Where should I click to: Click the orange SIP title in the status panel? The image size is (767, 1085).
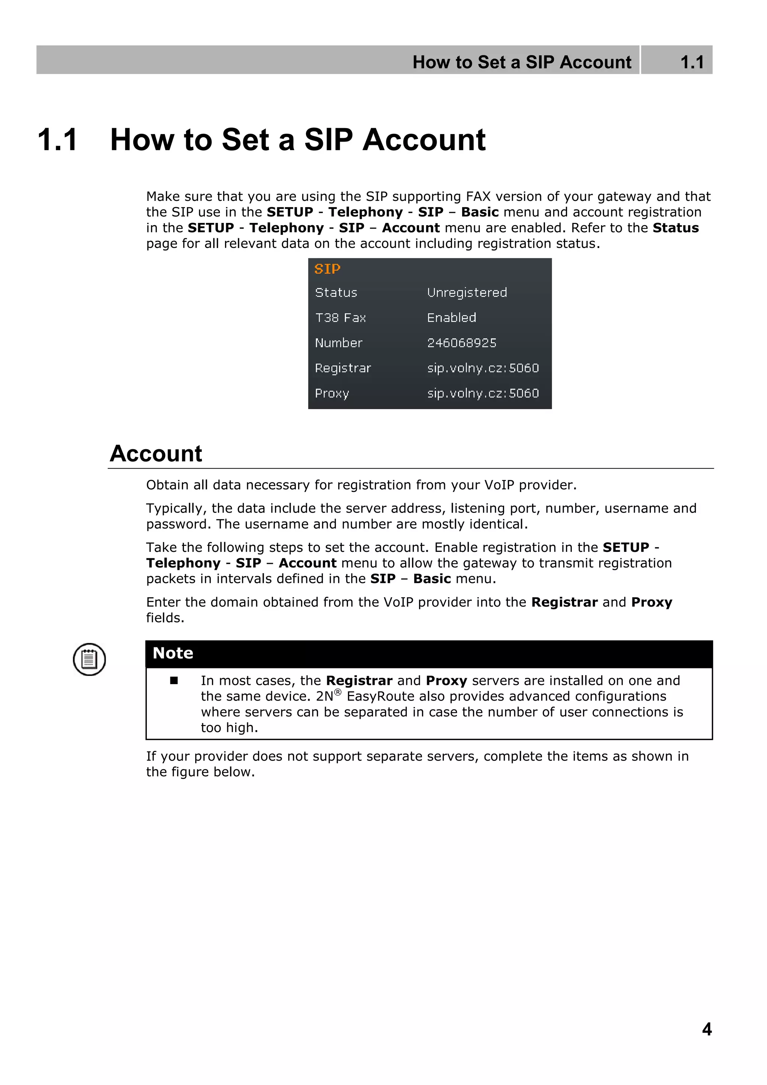click(x=327, y=269)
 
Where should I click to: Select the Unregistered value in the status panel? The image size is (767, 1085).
click(x=467, y=293)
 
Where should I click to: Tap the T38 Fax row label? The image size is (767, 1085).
click(x=340, y=318)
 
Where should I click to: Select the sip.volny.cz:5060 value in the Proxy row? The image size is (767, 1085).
click(x=483, y=393)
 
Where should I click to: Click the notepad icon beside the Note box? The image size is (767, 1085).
click(x=89, y=659)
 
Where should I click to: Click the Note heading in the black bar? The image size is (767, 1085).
click(x=173, y=653)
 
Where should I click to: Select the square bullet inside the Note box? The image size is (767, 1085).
click(x=174, y=680)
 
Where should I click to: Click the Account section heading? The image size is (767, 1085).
click(x=156, y=454)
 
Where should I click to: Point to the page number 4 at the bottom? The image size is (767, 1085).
click(x=707, y=1029)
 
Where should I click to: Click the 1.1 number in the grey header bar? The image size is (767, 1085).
click(x=692, y=62)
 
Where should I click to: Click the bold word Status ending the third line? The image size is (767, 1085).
click(x=675, y=228)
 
